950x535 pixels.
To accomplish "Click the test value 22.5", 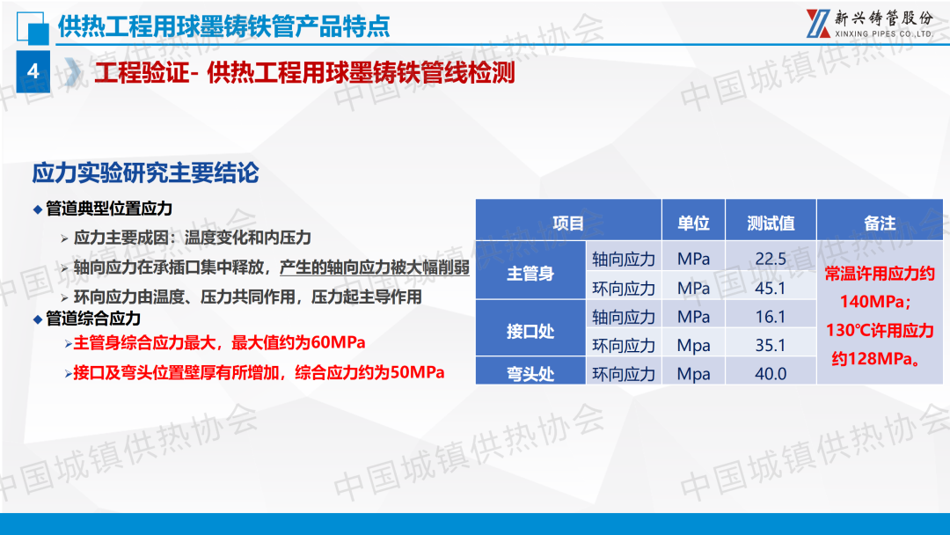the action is click(771, 259).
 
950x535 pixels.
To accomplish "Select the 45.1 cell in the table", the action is click(771, 288).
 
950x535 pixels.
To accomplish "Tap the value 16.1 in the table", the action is click(771, 316).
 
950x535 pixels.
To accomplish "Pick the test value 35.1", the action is click(771, 345).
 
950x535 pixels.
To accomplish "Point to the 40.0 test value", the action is click(771, 373).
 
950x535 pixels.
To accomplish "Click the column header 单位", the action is click(693, 223).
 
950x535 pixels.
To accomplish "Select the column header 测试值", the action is click(771, 223).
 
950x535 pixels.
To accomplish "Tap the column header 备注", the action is click(880, 223).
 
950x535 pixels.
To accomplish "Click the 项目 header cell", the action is click(568, 223).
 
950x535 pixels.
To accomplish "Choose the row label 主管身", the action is click(530, 274).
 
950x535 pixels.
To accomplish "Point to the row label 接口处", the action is click(530, 331).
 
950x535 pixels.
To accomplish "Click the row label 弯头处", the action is click(530, 374).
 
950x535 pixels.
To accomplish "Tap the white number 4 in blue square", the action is click(33, 71).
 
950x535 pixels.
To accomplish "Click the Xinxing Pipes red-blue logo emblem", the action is click(818, 24).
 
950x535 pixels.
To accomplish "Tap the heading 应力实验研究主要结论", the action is click(145, 172).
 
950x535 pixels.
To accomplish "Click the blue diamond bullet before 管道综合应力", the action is click(38, 319).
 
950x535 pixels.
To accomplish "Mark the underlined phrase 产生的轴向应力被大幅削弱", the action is click(375, 267).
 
